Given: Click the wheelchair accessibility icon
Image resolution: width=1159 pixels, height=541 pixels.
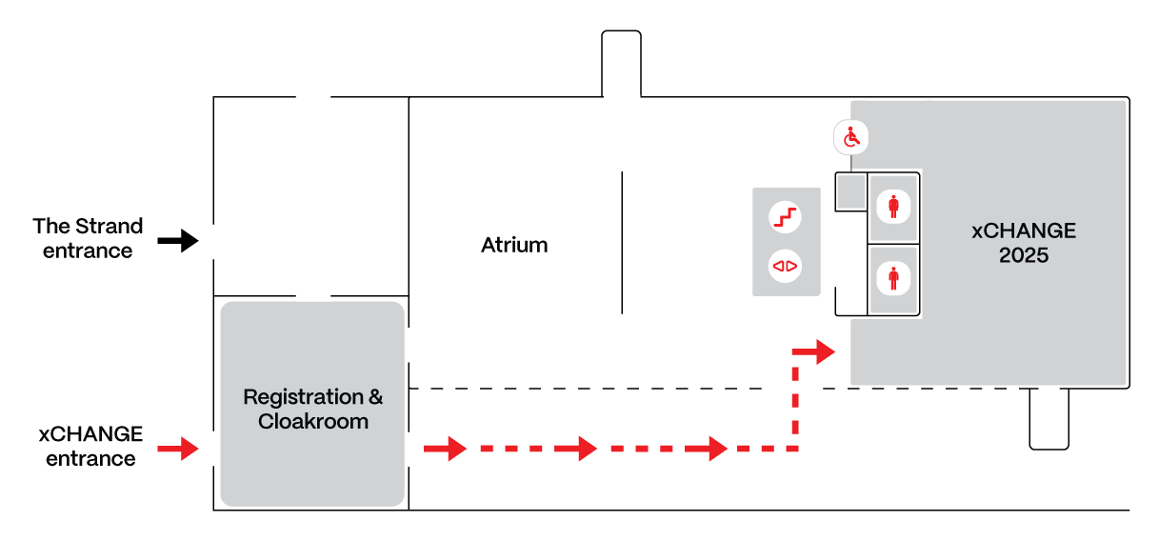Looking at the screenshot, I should [x=851, y=138].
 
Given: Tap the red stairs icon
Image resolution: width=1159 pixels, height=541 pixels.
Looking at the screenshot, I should [x=786, y=217].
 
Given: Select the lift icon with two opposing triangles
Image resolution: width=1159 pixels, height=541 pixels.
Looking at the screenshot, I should [x=786, y=266].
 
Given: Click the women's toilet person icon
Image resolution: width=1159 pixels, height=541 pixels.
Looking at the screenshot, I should [x=893, y=206].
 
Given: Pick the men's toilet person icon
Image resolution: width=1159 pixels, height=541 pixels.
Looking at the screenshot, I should [x=893, y=278].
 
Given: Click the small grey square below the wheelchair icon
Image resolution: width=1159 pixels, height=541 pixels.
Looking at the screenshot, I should [x=850, y=192].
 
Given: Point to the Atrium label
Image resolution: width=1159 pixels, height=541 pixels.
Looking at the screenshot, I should [x=514, y=245].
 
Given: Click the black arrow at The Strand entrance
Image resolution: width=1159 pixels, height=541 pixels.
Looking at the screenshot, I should [x=177, y=241].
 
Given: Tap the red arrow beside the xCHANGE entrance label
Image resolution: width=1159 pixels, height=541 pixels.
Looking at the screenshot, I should [x=177, y=447].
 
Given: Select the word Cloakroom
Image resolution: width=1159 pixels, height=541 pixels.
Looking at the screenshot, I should [x=313, y=421].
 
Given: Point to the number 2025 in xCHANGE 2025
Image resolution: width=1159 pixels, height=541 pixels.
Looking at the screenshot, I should [x=1024, y=255].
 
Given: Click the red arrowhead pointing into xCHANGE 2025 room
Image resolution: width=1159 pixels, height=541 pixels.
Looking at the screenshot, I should [x=818, y=351].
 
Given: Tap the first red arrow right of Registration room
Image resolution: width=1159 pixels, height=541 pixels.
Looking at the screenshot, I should [x=445, y=448].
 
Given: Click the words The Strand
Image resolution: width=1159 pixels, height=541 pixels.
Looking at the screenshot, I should [x=88, y=226].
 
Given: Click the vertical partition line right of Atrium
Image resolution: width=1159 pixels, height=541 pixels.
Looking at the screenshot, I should [x=623, y=243].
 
